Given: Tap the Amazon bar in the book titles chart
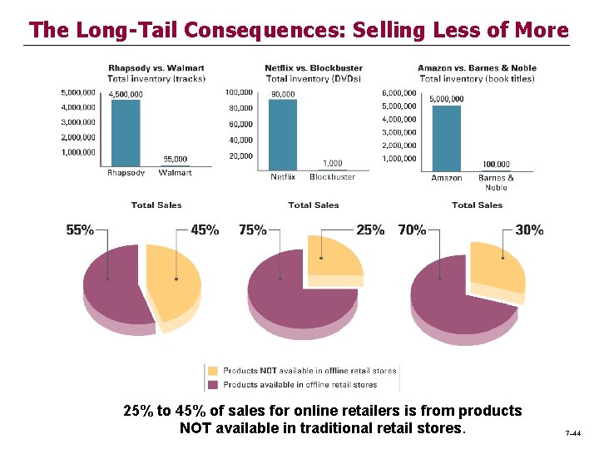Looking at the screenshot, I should pyautogui.click(x=446, y=138).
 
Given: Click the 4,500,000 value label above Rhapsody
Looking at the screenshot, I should pyautogui.click(x=126, y=94).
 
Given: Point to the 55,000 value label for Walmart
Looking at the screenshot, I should pyautogui.click(x=175, y=159).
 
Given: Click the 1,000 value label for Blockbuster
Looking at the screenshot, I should pyautogui.click(x=332, y=163).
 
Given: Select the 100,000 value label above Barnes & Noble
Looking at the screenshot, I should pyautogui.click(x=496, y=165).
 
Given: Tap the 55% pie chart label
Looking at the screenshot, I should pyautogui.click(x=80, y=230).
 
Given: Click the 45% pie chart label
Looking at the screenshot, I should pyautogui.click(x=205, y=230).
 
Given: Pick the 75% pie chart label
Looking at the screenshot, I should pyautogui.click(x=253, y=230).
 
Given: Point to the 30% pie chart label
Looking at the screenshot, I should pyautogui.click(x=529, y=230).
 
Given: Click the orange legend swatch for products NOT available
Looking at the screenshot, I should pyautogui.click(x=214, y=371).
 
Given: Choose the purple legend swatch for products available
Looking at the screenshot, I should pyautogui.click(x=214, y=384).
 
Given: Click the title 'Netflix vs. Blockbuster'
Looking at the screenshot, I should pyautogui.click(x=313, y=68).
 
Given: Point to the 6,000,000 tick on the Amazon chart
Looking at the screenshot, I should pyautogui.click(x=399, y=92).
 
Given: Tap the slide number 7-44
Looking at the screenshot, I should pyautogui.click(x=573, y=434).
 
